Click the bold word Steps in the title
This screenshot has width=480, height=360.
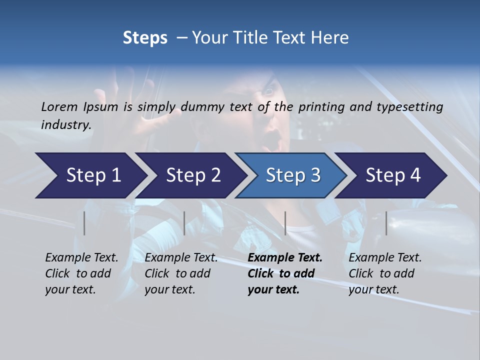pos(145,38)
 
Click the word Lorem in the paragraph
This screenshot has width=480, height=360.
pos(59,106)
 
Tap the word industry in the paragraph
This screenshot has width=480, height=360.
pos(65,125)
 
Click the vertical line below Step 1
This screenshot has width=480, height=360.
pos(84,223)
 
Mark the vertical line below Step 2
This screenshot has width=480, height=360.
pos(184,223)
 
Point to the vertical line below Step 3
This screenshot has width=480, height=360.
pos(285,223)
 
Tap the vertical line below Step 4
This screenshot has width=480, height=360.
pos(386,223)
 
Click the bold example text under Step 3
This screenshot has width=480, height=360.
pos(284,273)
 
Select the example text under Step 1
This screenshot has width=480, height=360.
pos(81,273)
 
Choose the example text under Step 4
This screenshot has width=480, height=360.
pos(385,273)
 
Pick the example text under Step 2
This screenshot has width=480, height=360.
pos(181,273)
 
